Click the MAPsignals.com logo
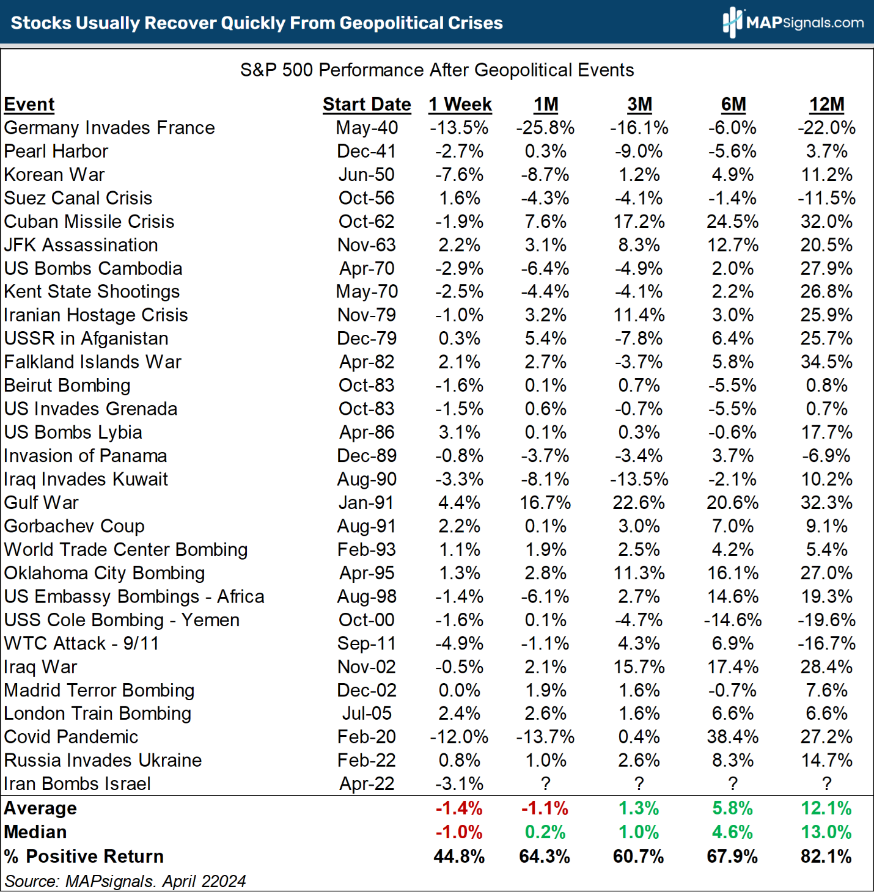(x=793, y=23)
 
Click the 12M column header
(x=826, y=104)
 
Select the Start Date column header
(x=367, y=104)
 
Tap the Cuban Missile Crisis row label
(x=89, y=221)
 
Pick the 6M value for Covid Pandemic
(x=732, y=737)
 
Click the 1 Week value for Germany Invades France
(x=459, y=128)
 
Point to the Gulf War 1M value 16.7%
(x=545, y=503)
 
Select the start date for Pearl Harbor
(x=367, y=151)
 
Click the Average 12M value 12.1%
(x=826, y=808)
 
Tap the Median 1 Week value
(x=459, y=832)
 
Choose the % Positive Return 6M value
(x=732, y=857)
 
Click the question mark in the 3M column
(x=639, y=784)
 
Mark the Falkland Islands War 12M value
(x=826, y=362)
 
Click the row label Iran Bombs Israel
(x=77, y=784)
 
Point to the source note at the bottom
(x=125, y=881)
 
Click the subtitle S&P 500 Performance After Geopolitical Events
(x=437, y=70)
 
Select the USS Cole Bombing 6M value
(x=732, y=620)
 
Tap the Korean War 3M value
(x=639, y=175)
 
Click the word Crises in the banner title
(x=474, y=23)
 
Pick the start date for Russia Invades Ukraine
(x=367, y=761)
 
